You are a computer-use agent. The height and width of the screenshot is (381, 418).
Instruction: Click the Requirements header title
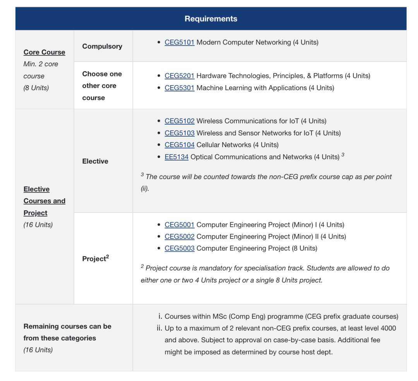[x=211, y=19]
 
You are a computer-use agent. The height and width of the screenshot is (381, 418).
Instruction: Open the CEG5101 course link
[x=179, y=42]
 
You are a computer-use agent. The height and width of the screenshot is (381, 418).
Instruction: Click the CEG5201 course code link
[x=179, y=76]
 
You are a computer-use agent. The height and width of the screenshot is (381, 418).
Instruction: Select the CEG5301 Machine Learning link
[x=179, y=88]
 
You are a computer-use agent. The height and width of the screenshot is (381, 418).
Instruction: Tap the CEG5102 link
[x=179, y=121]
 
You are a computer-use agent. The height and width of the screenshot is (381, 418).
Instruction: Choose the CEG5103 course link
[x=179, y=133]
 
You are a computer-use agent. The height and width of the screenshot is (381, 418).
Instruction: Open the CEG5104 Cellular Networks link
[x=179, y=145]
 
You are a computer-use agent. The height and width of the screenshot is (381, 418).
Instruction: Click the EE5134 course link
[x=176, y=157]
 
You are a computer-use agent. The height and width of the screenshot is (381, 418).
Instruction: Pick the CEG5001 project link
[x=179, y=225]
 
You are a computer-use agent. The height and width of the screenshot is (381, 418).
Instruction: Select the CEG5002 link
[x=179, y=237]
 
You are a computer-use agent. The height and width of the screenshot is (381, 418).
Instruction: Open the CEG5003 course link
[x=179, y=248]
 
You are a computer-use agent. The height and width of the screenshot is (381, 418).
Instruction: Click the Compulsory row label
[x=102, y=46]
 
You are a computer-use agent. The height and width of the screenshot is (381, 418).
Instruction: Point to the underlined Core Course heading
[x=44, y=52]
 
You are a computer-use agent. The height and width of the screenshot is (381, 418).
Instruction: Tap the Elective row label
[x=95, y=161]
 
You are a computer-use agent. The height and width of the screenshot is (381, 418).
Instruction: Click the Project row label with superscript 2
[x=95, y=258]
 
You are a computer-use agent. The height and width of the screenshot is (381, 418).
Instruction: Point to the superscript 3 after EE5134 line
[x=343, y=155]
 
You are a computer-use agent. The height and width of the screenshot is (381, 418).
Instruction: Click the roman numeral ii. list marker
[x=159, y=328]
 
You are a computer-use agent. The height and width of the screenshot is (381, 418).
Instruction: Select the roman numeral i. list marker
[x=160, y=316]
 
